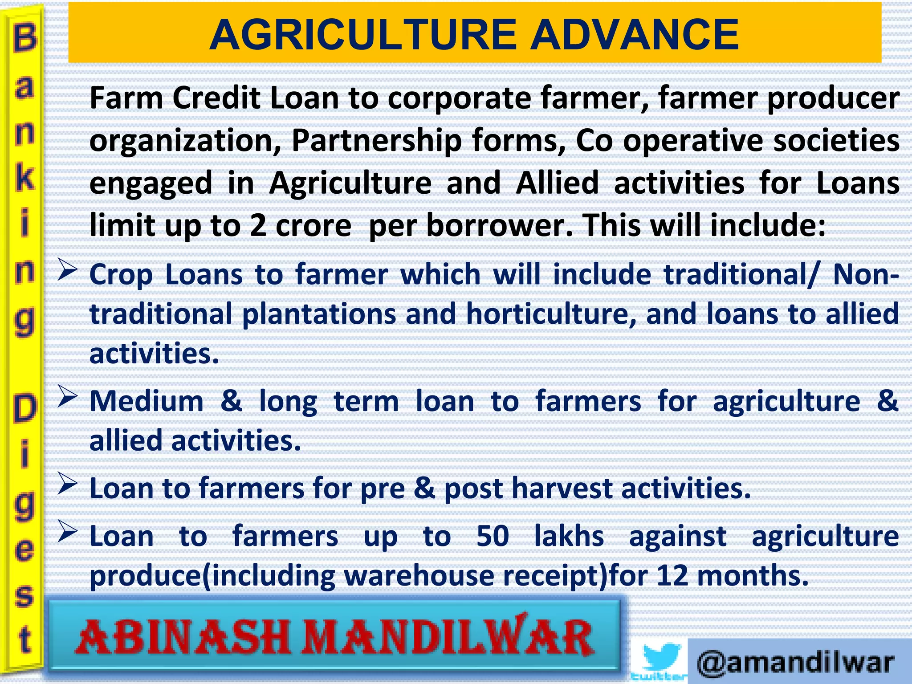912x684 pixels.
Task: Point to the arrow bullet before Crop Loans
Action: click(68, 270)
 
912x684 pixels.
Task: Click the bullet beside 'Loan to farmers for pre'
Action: click(68, 484)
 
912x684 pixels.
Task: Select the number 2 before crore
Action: click(258, 225)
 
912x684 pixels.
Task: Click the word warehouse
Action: click(419, 575)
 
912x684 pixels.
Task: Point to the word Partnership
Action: click(377, 141)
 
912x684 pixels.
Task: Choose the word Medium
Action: click(147, 401)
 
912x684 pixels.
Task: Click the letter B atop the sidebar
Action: click(25, 38)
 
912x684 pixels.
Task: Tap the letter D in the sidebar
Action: click(25, 409)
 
